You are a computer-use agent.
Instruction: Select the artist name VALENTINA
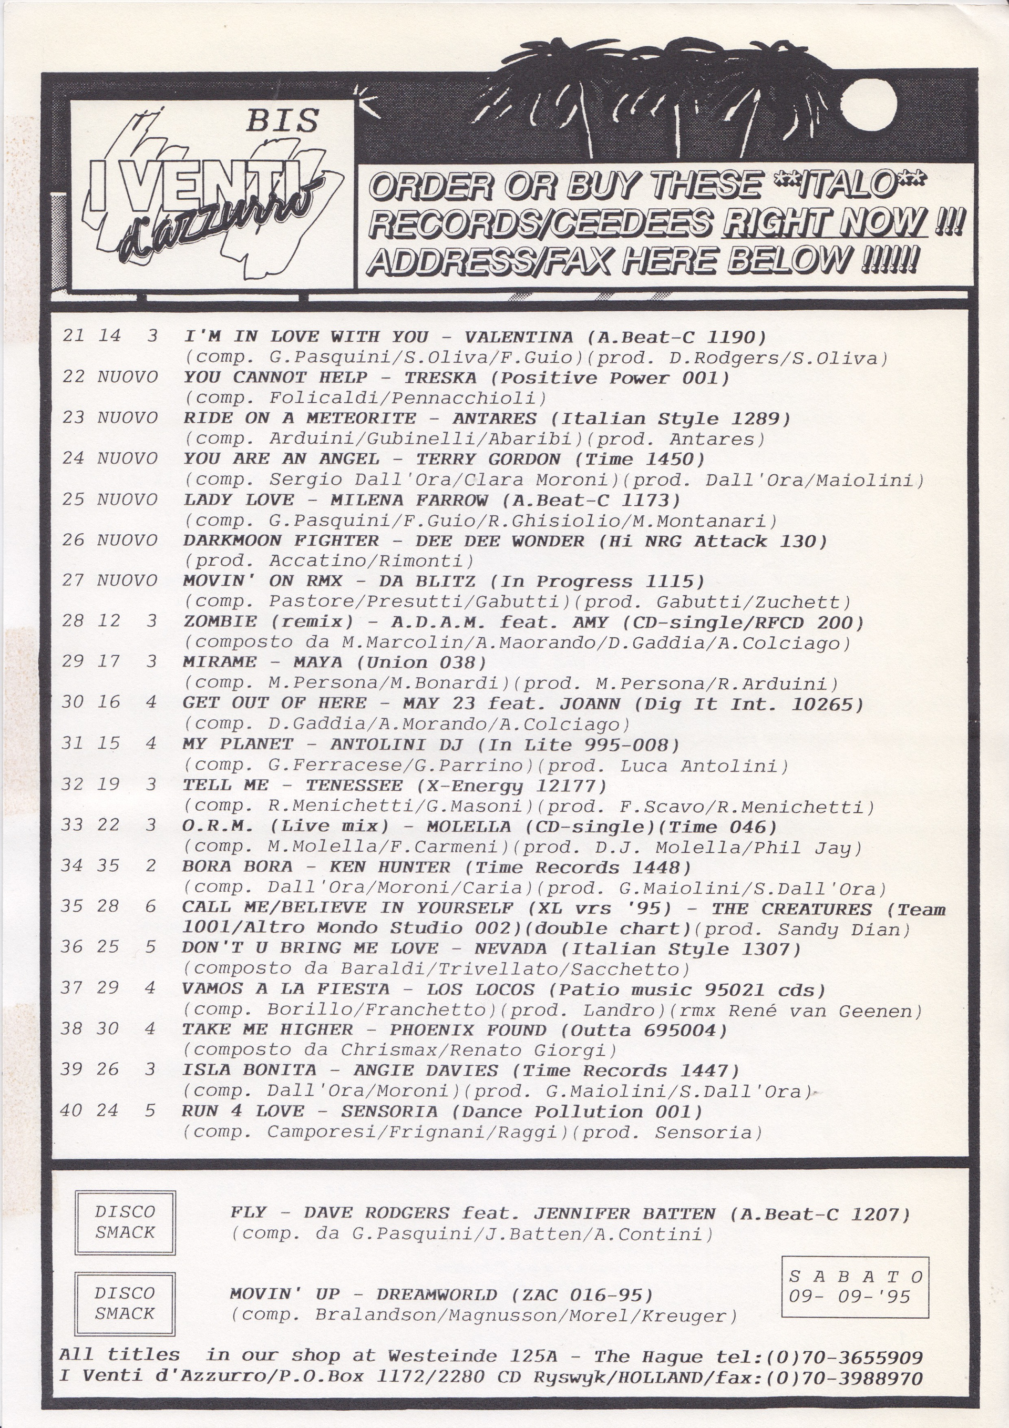pos(519,337)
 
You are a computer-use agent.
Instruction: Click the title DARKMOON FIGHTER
pos(281,540)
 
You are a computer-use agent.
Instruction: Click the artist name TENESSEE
pos(354,785)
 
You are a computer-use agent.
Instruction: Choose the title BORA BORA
pos(237,866)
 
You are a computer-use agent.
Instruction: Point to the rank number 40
pos(71,1110)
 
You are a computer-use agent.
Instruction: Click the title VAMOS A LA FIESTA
pos(285,989)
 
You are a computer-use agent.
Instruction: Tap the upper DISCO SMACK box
pos(125,1222)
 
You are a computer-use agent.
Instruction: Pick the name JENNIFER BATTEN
pos(624,1213)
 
